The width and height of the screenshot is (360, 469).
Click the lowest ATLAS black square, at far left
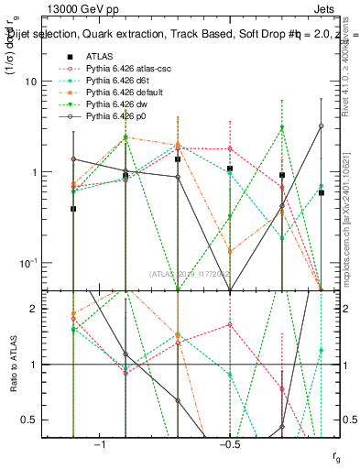pyautogui.click(x=73, y=209)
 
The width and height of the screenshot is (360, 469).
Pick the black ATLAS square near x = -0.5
pyautogui.click(x=230, y=169)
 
